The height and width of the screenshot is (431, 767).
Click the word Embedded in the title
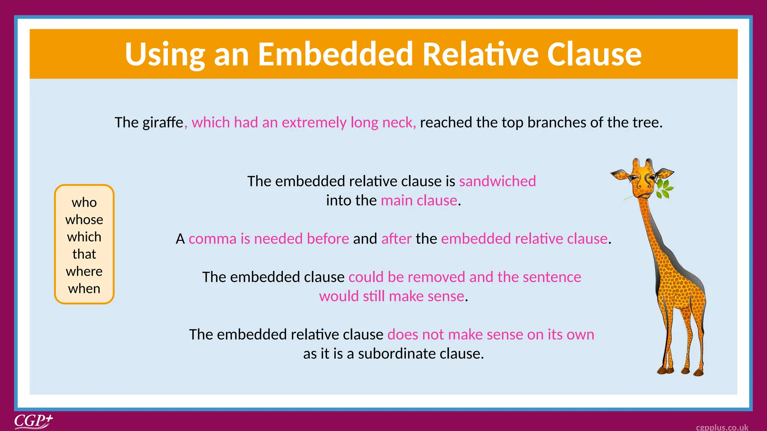(336, 55)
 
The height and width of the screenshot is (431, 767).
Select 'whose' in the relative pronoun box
(84, 220)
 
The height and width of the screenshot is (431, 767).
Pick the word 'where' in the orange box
(84, 271)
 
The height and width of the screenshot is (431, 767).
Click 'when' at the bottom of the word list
(84, 288)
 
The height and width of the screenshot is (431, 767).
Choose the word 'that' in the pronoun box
(84, 254)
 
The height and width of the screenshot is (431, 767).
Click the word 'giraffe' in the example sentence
(163, 123)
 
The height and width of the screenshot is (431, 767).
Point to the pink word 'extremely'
(314, 123)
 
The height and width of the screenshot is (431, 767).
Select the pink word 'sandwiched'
(497, 181)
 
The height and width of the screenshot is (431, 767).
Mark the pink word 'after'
(396, 239)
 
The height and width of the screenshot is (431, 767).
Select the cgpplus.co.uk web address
(722, 427)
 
